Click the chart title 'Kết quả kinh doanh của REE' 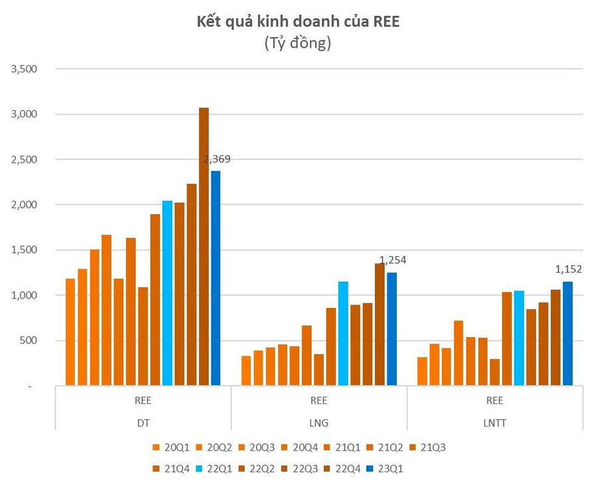click(x=298, y=22)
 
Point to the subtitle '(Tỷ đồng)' click(x=298, y=44)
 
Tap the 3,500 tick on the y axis click(x=24, y=69)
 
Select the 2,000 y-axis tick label click(x=24, y=205)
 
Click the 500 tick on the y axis click(x=29, y=340)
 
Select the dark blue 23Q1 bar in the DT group click(x=216, y=278)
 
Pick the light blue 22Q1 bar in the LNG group click(x=343, y=333)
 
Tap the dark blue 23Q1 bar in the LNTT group click(x=568, y=333)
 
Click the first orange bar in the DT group click(x=70, y=332)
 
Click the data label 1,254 click(x=392, y=260)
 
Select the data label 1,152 click(x=568, y=269)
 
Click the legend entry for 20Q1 click(x=170, y=447)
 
